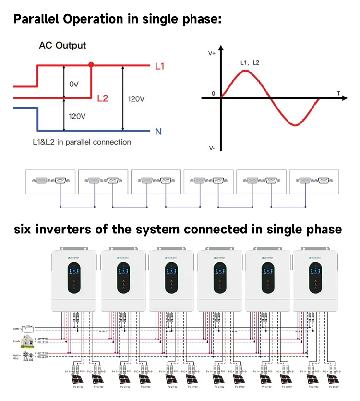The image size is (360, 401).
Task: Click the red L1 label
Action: [x=159, y=66]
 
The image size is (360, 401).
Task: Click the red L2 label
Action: [x=103, y=98]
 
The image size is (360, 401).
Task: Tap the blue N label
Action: [x=159, y=131]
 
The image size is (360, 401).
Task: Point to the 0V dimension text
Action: [x=73, y=84]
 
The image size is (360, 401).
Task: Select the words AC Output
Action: [x=62, y=46]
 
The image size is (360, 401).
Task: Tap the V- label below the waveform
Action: [x=212, y=148]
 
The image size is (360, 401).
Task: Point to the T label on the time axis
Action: [x=338, y=92]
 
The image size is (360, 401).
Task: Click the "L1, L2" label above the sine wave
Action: [x=250, y=62]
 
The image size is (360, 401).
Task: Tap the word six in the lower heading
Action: [x=24, y=229]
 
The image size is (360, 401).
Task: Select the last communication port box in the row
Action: [x=313, y=181]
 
